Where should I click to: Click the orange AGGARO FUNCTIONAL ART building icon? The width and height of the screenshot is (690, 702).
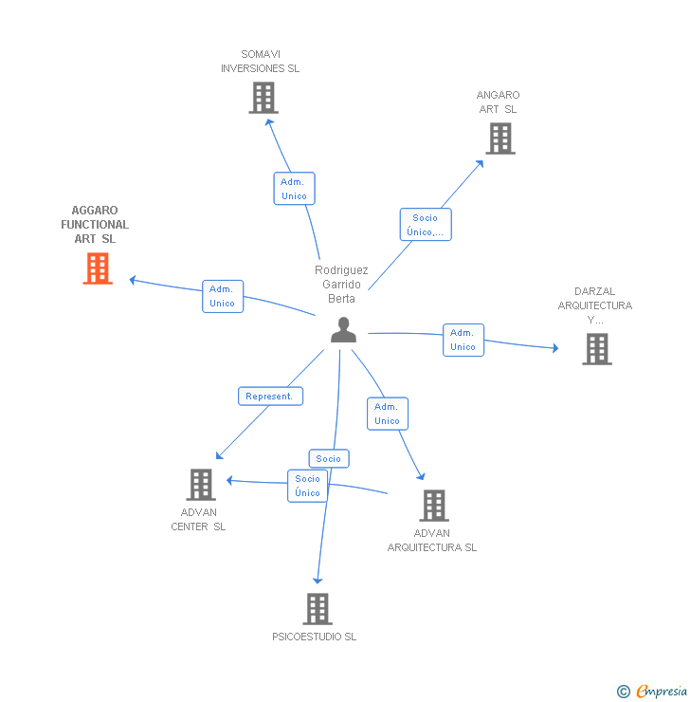[98, 268]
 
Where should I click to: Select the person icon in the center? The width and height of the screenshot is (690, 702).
[343, 329]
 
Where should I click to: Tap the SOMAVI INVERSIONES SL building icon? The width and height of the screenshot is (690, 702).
[263, 98]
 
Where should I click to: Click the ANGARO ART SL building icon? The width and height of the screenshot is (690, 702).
[499, 139]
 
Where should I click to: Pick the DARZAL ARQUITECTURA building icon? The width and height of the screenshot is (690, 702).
[596, 349]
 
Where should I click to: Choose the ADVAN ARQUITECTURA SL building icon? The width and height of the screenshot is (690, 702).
[433, 506]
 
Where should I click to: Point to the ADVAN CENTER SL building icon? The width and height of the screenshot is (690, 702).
[201, 484]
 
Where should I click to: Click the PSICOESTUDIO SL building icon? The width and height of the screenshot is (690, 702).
[318, 608]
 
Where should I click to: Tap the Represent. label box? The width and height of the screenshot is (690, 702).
[270, 396]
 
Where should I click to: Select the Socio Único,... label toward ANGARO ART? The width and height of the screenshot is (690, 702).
[426, 225]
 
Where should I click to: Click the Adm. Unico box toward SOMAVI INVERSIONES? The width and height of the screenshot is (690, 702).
[295, 189]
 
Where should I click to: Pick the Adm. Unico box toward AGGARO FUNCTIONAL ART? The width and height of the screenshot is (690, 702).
[223, 296]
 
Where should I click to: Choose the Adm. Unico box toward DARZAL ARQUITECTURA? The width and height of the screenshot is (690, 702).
[463, 340]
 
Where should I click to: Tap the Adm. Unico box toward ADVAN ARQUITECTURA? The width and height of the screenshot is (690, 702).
[387, 414]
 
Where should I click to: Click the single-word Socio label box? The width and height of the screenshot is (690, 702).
[329, 458]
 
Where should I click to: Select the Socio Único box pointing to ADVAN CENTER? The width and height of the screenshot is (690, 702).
[307, 486]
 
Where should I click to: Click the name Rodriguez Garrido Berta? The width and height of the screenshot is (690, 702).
[341, 284]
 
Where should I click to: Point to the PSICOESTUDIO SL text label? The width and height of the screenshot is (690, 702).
[314, 637]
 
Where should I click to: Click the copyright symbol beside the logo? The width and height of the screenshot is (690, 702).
[623, 692]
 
